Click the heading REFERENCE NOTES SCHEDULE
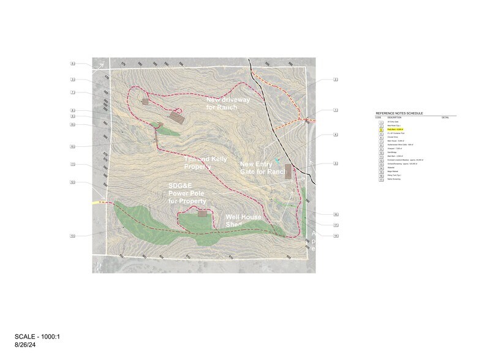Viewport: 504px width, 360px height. (399, 113)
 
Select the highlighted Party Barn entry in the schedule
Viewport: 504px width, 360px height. (396, 130)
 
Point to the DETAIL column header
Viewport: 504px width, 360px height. (445, 116)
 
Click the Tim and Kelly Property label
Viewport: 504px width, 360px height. (198, 162)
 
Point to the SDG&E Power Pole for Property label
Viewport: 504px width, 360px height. (187, 193)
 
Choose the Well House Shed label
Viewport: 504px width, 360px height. (243, 220)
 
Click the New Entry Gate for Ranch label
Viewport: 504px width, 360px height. (263, 168)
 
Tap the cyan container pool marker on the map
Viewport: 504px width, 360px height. (277, 160)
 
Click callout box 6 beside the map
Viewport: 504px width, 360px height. (72, 64)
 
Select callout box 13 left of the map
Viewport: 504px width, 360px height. (72, 236)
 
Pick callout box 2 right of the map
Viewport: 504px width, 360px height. (336, 80)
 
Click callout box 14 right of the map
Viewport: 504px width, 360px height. (336, 235)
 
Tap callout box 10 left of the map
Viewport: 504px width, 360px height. (72, 147)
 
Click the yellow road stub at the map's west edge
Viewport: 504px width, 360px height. (98, 201)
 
